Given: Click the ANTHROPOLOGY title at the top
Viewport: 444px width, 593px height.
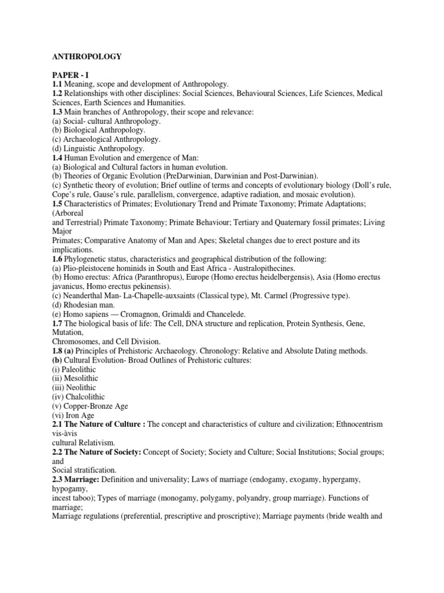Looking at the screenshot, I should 87,56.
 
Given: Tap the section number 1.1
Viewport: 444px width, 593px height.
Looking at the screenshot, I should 57,85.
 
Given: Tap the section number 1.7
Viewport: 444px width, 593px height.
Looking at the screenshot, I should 57,323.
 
